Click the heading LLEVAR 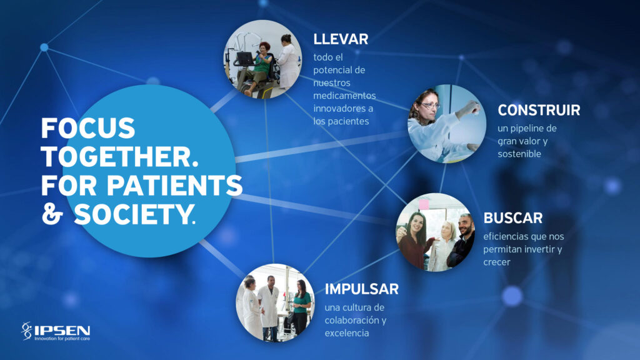click(x=341, y=39)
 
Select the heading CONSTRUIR click(x=539, y=110)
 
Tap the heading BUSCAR click(x=513, y=218)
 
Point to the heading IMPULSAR click(x=362, y=289)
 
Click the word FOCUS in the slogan click(x=88, y=128)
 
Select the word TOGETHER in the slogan click(x=116, y=157)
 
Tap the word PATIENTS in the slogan click(x=175, y=185)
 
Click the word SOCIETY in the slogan click(x=132, y=214)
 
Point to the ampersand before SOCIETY click(x=52, y=214)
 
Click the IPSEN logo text click(x=62, y=330)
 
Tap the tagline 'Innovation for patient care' click(x=62, y=338)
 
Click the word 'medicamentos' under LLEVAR click(x=344, y=96)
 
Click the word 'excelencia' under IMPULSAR click(x=347, y=333)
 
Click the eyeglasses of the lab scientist click(x=430, y=105)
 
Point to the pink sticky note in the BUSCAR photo click(x=424, y=204)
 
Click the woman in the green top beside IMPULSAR click(x=301, y=307)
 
